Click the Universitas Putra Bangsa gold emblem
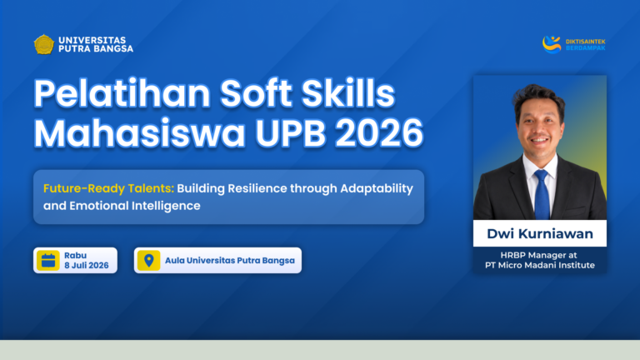click(x=43, y=44)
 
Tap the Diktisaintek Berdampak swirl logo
click(x=552, y=44)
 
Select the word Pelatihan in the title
click(x=122, y=93)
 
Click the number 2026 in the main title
click(x=379, y=133)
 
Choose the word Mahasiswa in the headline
click(x=140, y=133)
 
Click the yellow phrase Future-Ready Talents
click(x=108, y=188)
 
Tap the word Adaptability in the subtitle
click(x=377, y=189)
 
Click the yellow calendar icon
click(x=48, y=260)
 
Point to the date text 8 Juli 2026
click(x=87, y=265)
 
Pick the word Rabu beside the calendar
click(x=76, y=256)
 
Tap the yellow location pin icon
click(x=148, y=260)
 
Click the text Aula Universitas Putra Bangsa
click(x=230, y=260)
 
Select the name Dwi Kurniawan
click(x=540, y=233)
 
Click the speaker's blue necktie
click(x=542, y=195)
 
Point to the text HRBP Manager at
click(x=539, y=256)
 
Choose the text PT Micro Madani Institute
click(x=540, y=265)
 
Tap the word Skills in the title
click(x=348, y=93)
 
